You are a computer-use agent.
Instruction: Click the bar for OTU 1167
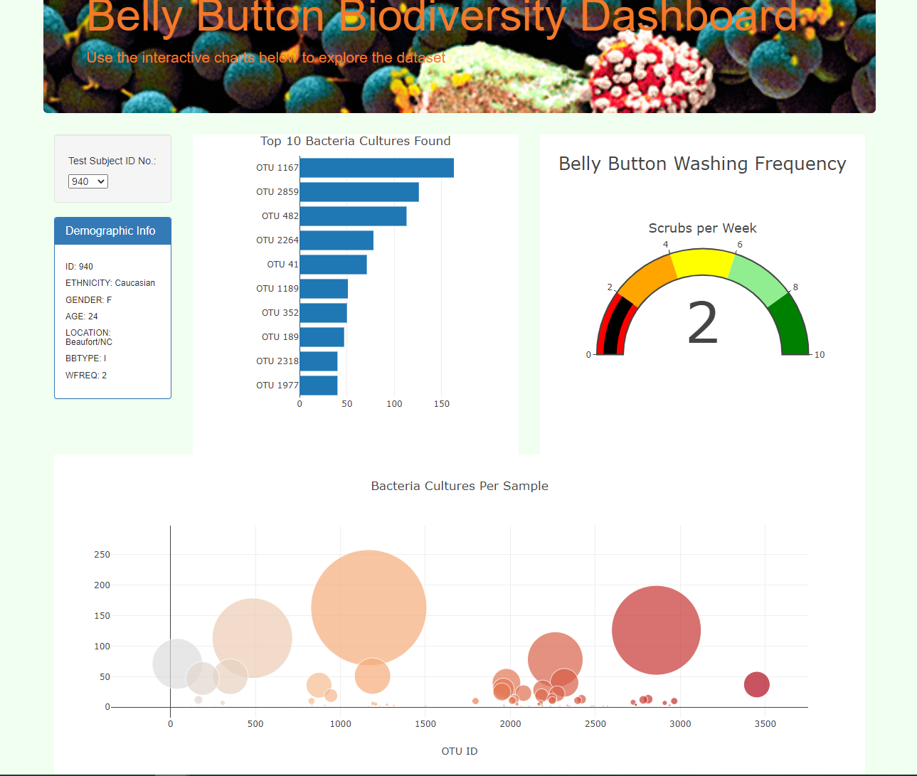[376, 168]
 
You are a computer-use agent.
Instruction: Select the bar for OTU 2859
[359, 192]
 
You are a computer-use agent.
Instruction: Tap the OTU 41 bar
[333, 265]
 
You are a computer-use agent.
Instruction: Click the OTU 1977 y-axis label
[277, 386]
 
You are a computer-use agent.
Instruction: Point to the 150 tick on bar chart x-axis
[442, 404]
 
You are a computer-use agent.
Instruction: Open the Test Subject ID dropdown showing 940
[88, 182]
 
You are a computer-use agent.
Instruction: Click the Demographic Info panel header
[112, 231]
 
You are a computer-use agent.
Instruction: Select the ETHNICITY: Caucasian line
[110, 283]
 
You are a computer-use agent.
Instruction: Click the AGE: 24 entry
[82, 317]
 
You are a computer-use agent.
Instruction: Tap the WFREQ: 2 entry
[86, 376]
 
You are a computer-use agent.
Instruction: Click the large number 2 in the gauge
[702, 324]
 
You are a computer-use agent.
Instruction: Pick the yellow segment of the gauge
[703, 262]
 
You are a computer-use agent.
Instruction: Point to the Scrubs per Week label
[702, 228]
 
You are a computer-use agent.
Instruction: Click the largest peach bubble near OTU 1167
[369, 607]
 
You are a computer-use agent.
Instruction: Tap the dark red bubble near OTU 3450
[757, 684]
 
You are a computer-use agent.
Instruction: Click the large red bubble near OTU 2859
[656, 630]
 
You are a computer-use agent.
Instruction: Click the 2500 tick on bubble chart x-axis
[595, 724]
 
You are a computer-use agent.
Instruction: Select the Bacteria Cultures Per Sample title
[460, 487]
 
